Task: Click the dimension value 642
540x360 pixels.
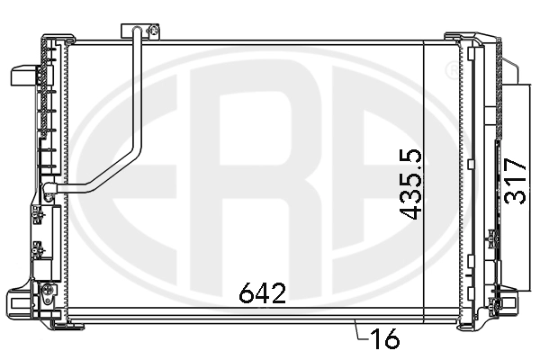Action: [263, 292]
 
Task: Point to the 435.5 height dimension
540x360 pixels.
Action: [411, 184]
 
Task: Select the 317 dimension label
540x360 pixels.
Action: [515, 182]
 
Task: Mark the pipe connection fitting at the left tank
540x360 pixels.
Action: [50, 189]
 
